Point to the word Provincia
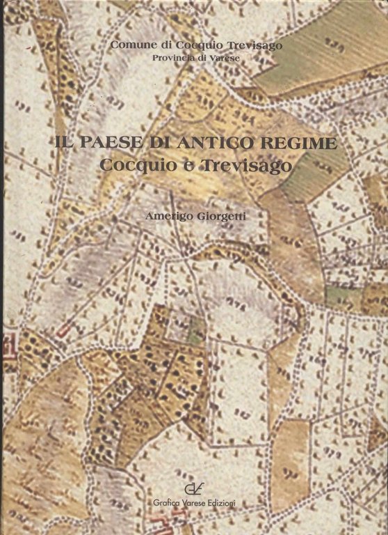(x=175, y=57)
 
